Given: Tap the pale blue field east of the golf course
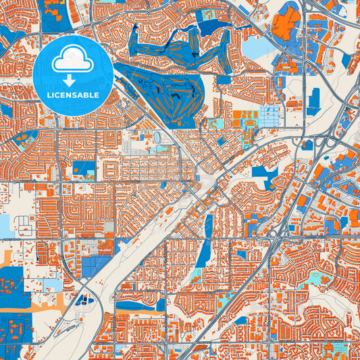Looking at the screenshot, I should point(255,48).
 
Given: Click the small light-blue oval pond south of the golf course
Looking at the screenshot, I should point(157,137).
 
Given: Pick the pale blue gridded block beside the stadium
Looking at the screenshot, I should point(271,115).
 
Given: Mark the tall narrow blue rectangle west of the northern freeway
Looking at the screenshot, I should point(313,101).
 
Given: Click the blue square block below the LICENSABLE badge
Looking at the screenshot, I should point(84,168).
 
